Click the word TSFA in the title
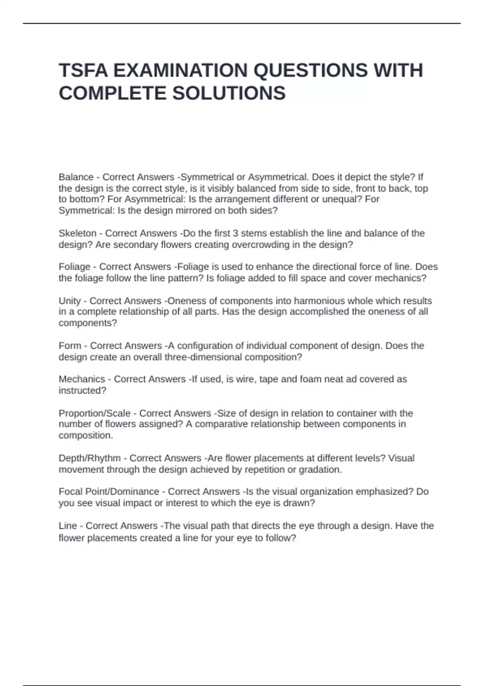[83, 70]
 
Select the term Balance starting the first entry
[76, 177]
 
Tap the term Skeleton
[77, 233]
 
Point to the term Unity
[70, 301]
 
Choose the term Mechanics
[82, 379]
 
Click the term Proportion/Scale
[94, 413]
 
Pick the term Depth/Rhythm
[90, 458]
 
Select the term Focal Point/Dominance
[109, 491]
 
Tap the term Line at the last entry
[68, 526]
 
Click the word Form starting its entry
[70, 346]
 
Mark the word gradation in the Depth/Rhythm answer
[321, 470]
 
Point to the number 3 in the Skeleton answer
[236, 233]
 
